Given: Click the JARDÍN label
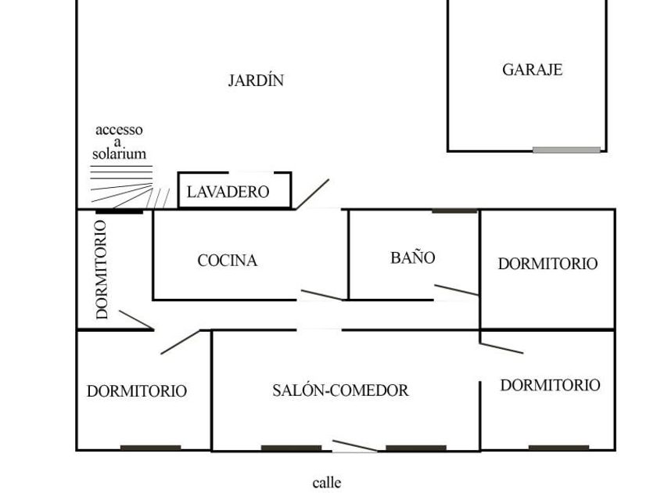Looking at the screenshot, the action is (x=256, y=80).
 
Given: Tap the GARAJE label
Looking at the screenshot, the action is (x=532, y=70).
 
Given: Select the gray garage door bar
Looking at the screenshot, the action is (x=567, y=149).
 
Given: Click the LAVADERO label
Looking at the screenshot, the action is (x=228, y=192).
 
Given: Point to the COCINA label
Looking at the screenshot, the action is (x=227, y=261).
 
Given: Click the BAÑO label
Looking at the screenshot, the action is (x=413, y=257).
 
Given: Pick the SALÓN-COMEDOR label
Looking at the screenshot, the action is (x=340, y=390).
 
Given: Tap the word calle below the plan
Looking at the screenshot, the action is (x=327, y=483).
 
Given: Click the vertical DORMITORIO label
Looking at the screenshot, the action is (x=102, y=269).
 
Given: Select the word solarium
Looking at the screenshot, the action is (x=119, y=153).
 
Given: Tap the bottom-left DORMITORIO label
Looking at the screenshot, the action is (x=137, y=391).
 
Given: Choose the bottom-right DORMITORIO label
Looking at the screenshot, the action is (x=550, y=385).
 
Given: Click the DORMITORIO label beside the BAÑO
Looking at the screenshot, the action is (x=547, y=264).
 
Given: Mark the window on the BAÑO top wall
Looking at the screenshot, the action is (x=454, y=211).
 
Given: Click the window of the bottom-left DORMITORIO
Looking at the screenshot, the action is (x=150, y=448).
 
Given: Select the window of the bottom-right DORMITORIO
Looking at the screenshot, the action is (x=558, y=448).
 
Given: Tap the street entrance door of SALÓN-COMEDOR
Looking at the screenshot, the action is (x=354, y=446).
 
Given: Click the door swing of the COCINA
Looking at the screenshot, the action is (x=321, y=295).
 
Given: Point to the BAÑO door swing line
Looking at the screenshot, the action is (x=457, y=290).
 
